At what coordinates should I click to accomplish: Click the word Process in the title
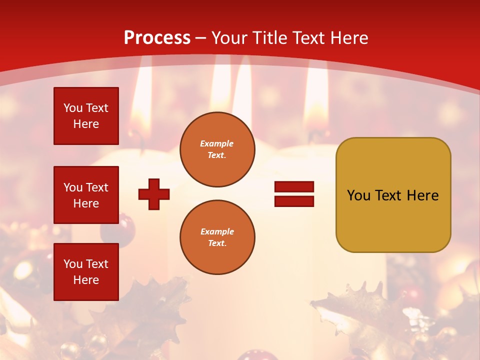point(157,37)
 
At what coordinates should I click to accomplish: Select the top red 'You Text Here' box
point(86,116)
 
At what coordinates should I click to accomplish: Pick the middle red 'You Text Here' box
point(86,195)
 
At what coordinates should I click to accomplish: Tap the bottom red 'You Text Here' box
point(86,271)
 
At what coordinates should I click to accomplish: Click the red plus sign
point(154,194)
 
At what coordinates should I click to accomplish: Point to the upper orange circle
point(217,149)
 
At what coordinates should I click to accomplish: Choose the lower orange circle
point(217,237)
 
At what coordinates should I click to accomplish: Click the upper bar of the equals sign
point(294,187)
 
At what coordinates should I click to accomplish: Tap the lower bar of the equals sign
point(294,201)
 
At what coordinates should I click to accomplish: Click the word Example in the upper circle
point(217,143)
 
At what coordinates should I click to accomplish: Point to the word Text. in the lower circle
point(217,243)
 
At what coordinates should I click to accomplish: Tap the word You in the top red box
point(73,108)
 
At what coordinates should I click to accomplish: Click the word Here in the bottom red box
point(86,280)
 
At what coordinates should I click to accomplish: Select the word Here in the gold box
point(422,195)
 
